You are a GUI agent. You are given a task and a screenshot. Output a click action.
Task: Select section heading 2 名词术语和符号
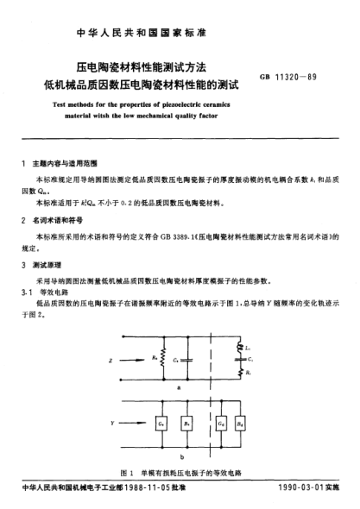pos(57,219)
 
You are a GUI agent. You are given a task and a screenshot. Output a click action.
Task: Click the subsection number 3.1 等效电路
pos(45,293)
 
